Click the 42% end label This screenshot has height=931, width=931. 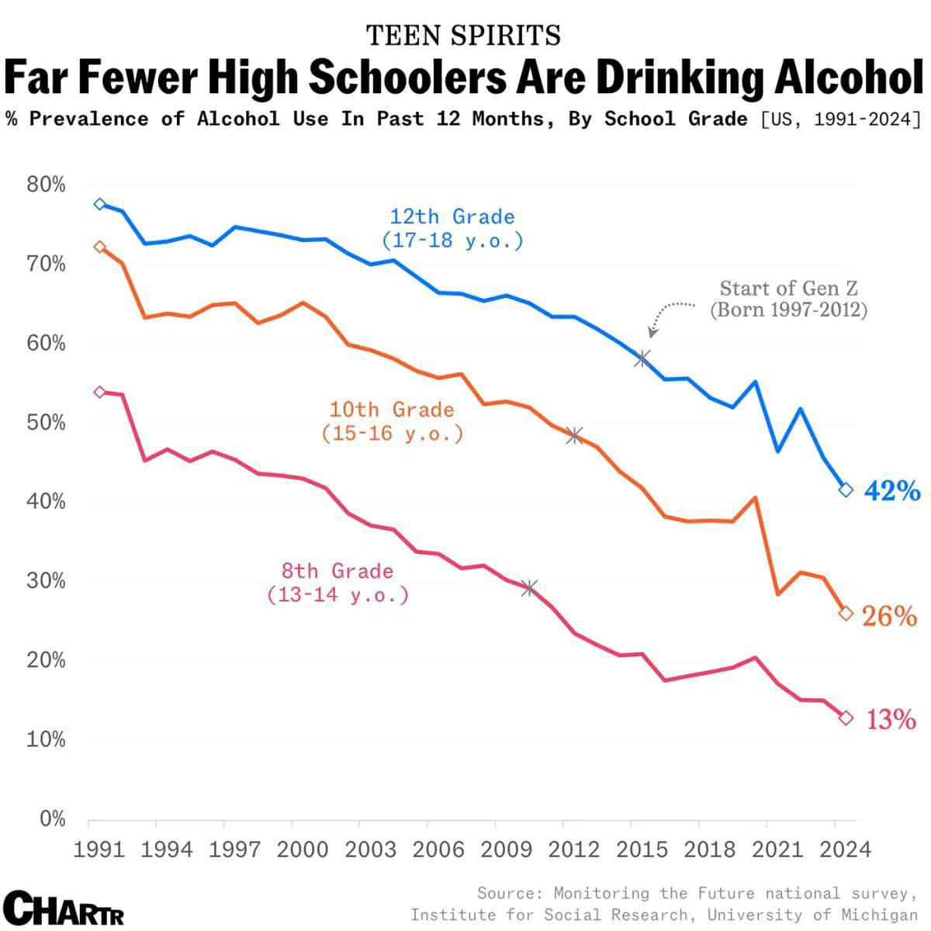[x=891, y=490]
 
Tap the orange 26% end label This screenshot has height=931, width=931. [x=889, y=616]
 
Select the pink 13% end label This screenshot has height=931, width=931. [x=891, y=720]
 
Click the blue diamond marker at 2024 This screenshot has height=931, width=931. [x=846, y=490]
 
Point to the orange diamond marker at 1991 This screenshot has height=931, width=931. [x=99, y=247]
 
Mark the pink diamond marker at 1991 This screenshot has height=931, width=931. [x=99, y=392]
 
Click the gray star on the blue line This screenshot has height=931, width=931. [x=642, y=358]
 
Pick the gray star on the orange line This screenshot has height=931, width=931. [x=574, y=435]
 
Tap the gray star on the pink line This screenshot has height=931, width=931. [x=529, y=588]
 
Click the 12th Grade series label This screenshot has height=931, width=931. [x=452, y=228]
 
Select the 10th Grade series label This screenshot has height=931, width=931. [x=392, y=421]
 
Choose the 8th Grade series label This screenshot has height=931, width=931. [x=337, y=583]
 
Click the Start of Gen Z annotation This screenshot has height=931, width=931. [x=788, y=299]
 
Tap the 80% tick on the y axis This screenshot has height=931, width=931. [x=46, y=185]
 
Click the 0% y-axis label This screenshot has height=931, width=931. [x=52, y=819]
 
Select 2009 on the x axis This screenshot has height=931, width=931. [x=506, y=849]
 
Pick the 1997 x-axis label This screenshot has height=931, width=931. [x=235, y=849]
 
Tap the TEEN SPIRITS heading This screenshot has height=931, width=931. [x=463, y=35]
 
